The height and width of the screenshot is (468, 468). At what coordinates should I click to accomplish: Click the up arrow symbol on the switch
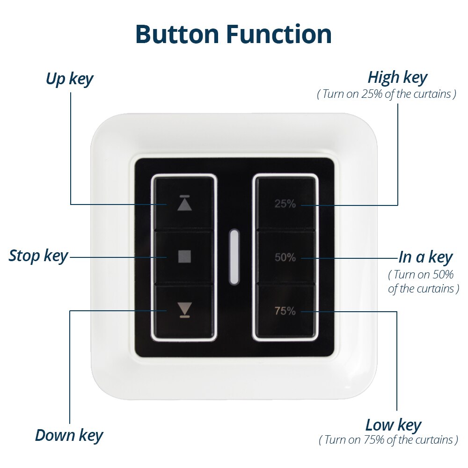[185, 205]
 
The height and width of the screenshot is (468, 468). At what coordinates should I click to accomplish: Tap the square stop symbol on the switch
[185, 256]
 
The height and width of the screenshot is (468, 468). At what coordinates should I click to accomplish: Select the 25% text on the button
[285, 204]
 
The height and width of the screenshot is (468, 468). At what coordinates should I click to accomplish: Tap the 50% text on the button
[285, 257]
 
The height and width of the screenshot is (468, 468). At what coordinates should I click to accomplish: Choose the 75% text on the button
[285, 311]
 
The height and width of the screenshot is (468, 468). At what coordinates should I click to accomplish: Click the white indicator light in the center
[234, 256]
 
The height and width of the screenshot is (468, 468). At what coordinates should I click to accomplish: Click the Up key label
[69, 79]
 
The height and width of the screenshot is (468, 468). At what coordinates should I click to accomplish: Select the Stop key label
[38, 256]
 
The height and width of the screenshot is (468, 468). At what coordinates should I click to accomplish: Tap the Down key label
[69, 435]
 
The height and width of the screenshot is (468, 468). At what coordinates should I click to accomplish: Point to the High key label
[397, 77]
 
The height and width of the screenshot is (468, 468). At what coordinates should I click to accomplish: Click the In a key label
[425, 257]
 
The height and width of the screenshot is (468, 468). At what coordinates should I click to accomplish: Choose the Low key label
[393, 425]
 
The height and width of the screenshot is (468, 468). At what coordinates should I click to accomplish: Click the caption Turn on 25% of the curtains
[387, 94]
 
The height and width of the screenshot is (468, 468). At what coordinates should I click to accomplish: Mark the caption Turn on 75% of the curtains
[388, 440]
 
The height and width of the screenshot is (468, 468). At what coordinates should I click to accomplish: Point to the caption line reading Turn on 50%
[424, 274]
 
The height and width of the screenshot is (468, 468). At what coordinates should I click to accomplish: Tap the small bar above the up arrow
[185, 196]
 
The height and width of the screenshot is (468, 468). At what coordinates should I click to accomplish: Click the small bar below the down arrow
[185, 317]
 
